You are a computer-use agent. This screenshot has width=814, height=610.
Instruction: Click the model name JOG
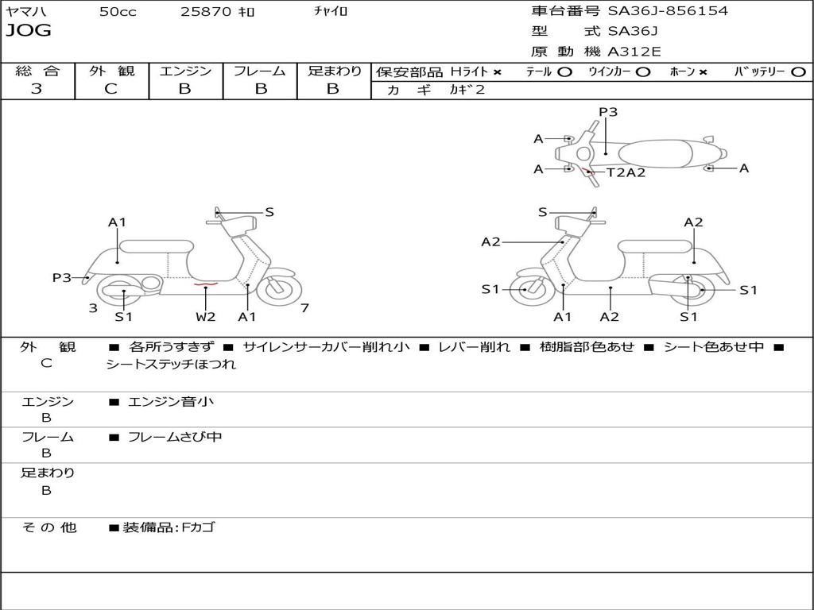29,31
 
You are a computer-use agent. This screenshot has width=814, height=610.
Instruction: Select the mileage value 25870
206,12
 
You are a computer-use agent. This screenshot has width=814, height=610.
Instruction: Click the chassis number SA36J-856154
668,11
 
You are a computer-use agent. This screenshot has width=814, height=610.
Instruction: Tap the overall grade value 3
37,89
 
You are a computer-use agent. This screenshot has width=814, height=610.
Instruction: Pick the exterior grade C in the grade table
110,89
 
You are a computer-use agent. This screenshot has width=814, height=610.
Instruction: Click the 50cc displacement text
118,12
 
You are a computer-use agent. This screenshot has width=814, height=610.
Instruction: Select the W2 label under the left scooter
205,317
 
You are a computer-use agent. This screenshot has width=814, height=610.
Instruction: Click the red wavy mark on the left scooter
205,283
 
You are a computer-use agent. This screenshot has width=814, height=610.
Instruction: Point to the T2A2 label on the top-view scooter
626,172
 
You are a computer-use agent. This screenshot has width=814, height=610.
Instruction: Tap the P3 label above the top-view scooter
608,112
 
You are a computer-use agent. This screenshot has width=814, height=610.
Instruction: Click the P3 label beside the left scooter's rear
62,277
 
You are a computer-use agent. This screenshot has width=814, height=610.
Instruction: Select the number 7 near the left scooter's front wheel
304,308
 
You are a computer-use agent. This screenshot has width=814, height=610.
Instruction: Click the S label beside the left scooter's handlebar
269,212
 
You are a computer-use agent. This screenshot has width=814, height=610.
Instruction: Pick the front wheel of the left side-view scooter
279,289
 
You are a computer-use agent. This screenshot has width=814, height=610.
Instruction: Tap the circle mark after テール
564,71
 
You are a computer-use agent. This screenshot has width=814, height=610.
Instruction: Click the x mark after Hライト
498,72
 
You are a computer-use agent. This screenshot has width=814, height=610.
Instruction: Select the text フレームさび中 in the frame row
175,437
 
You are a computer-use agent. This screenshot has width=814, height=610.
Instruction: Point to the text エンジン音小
170,402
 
